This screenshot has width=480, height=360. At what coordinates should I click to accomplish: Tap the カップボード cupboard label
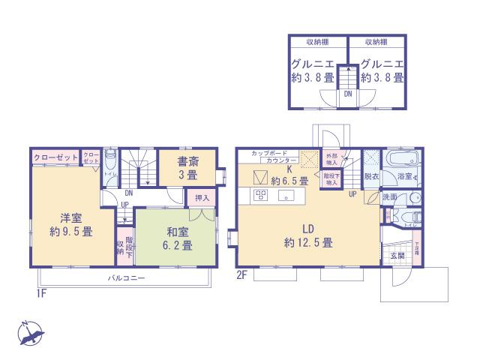[264, 152]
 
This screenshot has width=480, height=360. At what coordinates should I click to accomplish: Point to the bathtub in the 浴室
[401, 160]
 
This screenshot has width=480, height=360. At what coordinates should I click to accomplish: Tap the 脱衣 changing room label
[370, 176]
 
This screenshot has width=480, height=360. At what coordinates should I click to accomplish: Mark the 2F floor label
[241, 275]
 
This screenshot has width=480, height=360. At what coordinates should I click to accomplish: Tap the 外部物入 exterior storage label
[331, 159]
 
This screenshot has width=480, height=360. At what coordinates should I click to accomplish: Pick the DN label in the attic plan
[348, 95]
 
